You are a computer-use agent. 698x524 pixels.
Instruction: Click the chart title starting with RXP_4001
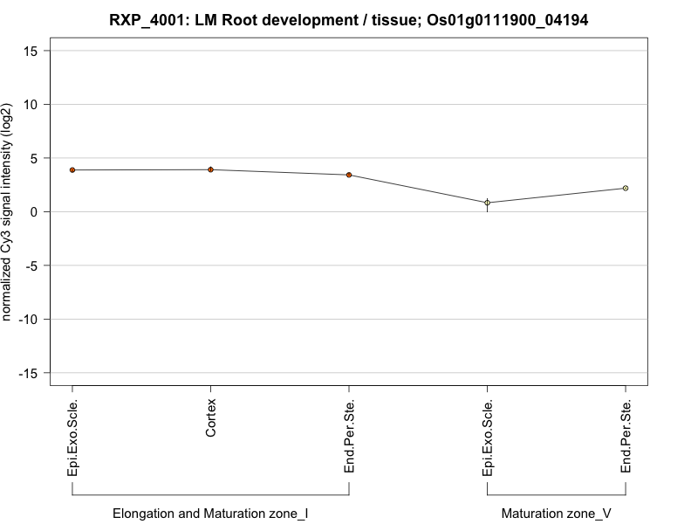(x=349, y=19)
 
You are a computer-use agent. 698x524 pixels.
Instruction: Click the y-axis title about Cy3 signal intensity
(x=8, y=211)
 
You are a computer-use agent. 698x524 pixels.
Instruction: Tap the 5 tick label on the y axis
(x=35, y=158)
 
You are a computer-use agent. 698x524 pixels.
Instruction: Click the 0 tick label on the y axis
(x=35, y=211)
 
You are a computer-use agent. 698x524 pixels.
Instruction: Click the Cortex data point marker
(x=211, y=169)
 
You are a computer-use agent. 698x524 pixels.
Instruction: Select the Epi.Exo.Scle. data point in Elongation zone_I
(x=72, y=169)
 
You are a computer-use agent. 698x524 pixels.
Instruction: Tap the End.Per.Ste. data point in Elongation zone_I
(x=349, y=175)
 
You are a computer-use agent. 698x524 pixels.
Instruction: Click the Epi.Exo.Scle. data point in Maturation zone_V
(x=488, y=203)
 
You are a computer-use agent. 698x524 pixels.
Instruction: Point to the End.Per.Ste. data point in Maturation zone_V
(x=626, y=188)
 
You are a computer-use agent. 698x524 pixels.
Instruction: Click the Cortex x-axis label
(x=211, y=418)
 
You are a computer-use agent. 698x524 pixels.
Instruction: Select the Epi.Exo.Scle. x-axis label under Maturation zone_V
(x=488, y=437)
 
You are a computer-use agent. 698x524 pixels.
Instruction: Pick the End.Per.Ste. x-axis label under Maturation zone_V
(x=626, y=437)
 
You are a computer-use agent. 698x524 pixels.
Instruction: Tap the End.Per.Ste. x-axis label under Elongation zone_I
(x=349, y=437)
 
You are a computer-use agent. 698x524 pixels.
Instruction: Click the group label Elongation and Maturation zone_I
(x=210, y=514)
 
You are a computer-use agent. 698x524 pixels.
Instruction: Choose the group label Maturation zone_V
(x=557, y=514)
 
